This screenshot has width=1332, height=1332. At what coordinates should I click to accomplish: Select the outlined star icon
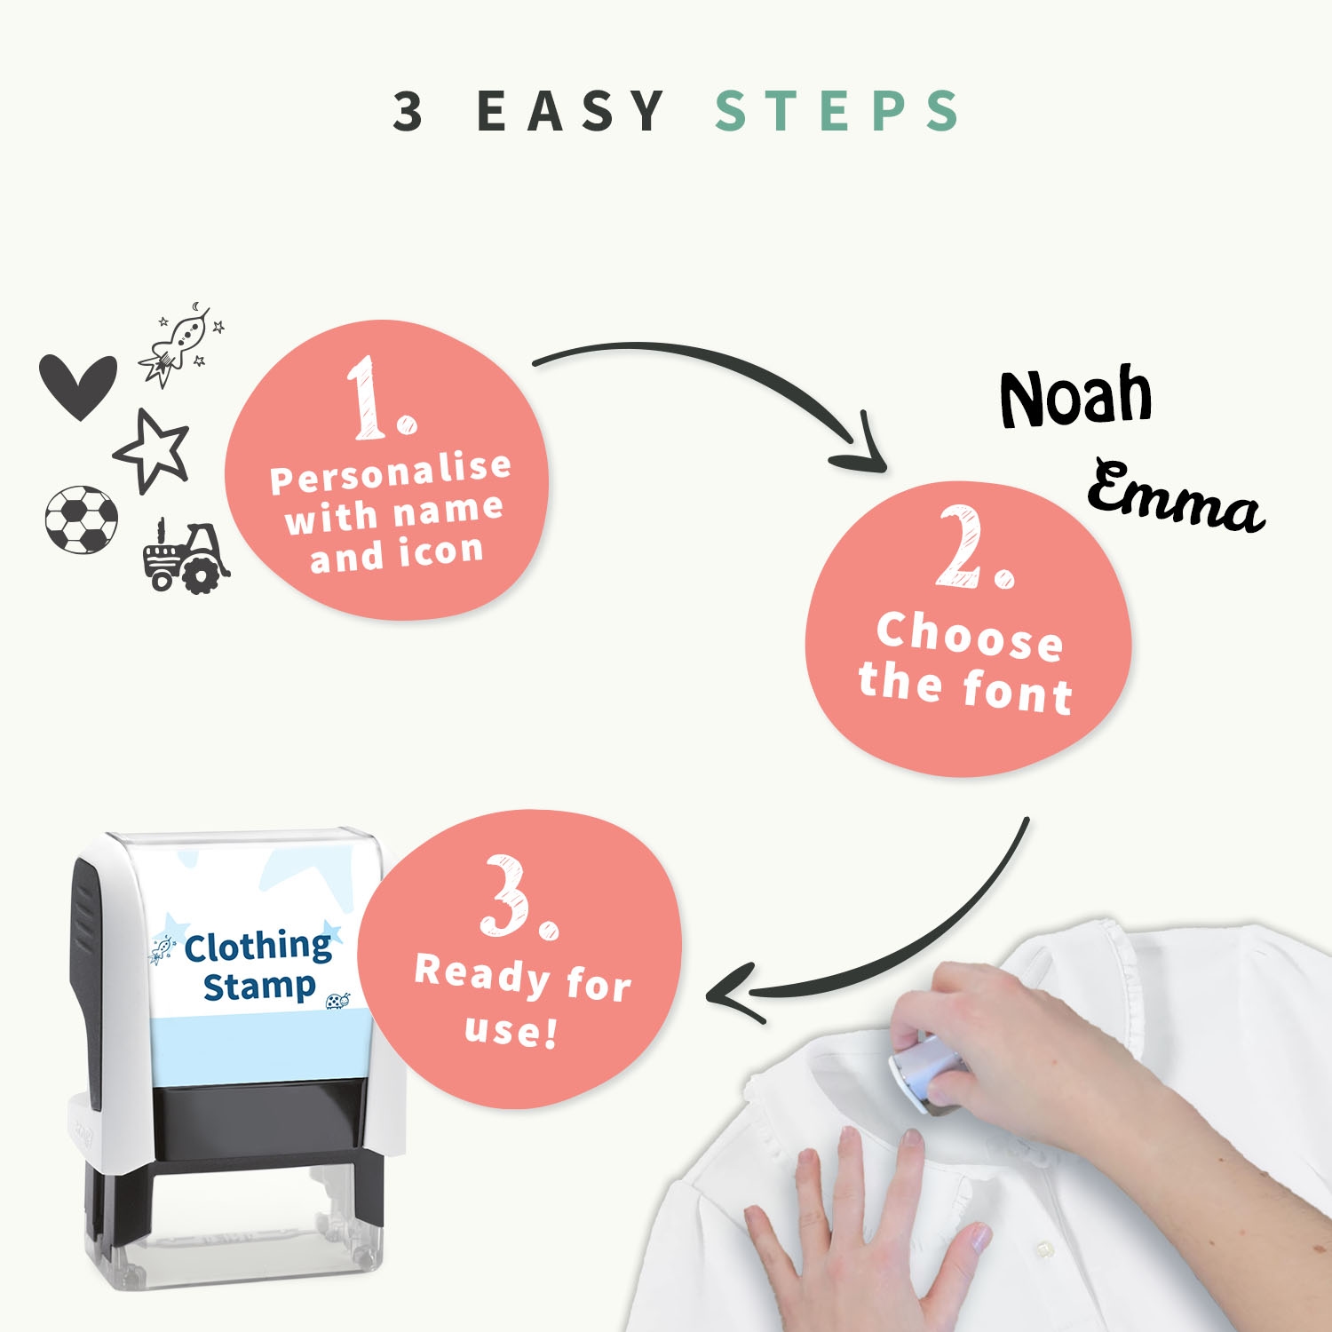click(x=152, y=449)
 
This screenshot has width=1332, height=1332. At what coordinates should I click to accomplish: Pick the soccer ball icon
click(x=81, y=519)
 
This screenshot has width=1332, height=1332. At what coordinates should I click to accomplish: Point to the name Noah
click(x=1076, y=396)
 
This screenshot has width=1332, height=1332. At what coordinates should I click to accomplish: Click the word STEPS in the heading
click(x=836, y=111)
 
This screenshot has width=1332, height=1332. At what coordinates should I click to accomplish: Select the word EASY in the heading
click(x=571, y=111)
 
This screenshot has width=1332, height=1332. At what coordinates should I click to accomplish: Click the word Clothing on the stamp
click(x=258, y=947)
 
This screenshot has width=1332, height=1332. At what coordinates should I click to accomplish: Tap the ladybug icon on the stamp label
click(x=337, y=1002)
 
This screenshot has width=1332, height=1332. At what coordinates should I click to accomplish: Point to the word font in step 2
click(x=1018, y=692)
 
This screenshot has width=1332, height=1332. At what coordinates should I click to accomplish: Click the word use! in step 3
click(x=511, y=1030)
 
